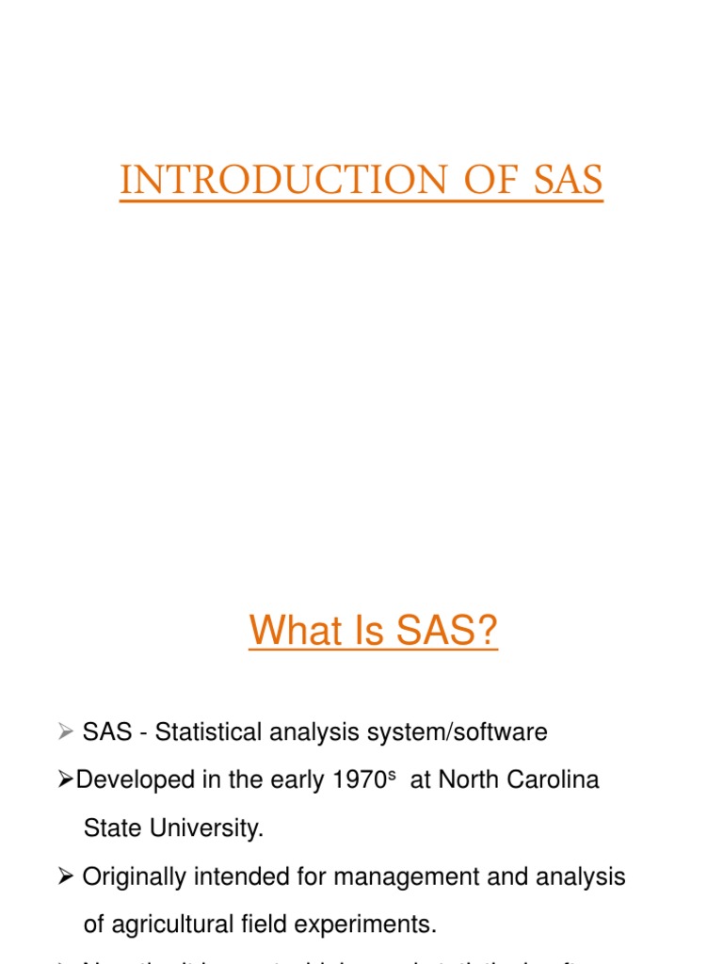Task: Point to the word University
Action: point(206,828)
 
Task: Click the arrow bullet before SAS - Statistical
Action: point(65,731)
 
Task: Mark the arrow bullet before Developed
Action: point(65,780)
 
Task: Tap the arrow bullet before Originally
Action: point(65,876)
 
